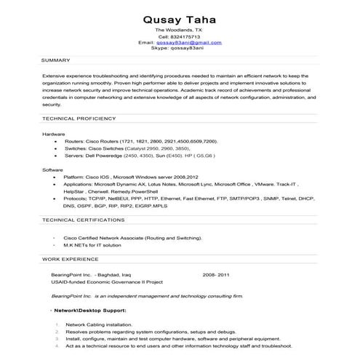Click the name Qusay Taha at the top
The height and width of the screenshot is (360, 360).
pos(179,17)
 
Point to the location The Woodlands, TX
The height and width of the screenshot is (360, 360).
pos(179,29)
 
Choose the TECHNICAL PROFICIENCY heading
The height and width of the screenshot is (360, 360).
pos(79,118)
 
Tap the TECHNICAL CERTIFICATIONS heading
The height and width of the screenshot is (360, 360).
pos(82,220)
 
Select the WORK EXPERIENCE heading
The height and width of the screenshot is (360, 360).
pos(69,258)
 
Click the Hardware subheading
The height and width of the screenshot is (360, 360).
pos(54,135)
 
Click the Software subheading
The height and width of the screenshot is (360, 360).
pos(52,169)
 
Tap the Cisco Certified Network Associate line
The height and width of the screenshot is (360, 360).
pos(133,238)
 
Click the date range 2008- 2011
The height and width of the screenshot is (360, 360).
pos(216,276)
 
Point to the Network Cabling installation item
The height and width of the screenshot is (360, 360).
pos(99,324)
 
